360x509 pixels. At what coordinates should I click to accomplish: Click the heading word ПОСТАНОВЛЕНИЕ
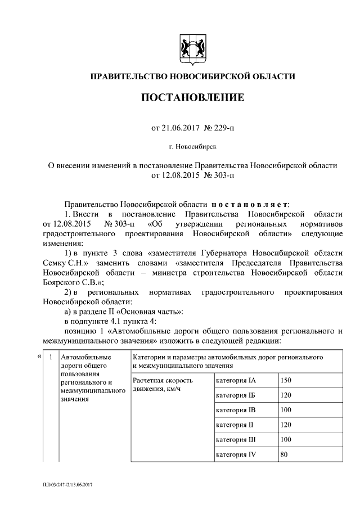click(x=192, y=97)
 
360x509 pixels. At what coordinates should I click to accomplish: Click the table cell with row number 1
click(x=51, y=357)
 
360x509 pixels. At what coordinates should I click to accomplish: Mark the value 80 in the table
click(x=284, y=454)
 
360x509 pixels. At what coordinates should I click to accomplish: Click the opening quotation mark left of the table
click(x=39, y=356)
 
